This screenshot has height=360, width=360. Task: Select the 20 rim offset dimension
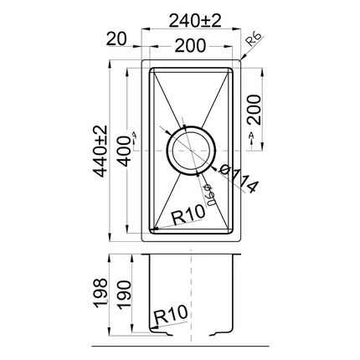[116, 38]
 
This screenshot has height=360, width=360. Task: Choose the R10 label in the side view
[168, 315]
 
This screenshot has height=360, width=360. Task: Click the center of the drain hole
[193, 149]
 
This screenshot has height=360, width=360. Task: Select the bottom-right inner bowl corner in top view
[232, 231]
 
